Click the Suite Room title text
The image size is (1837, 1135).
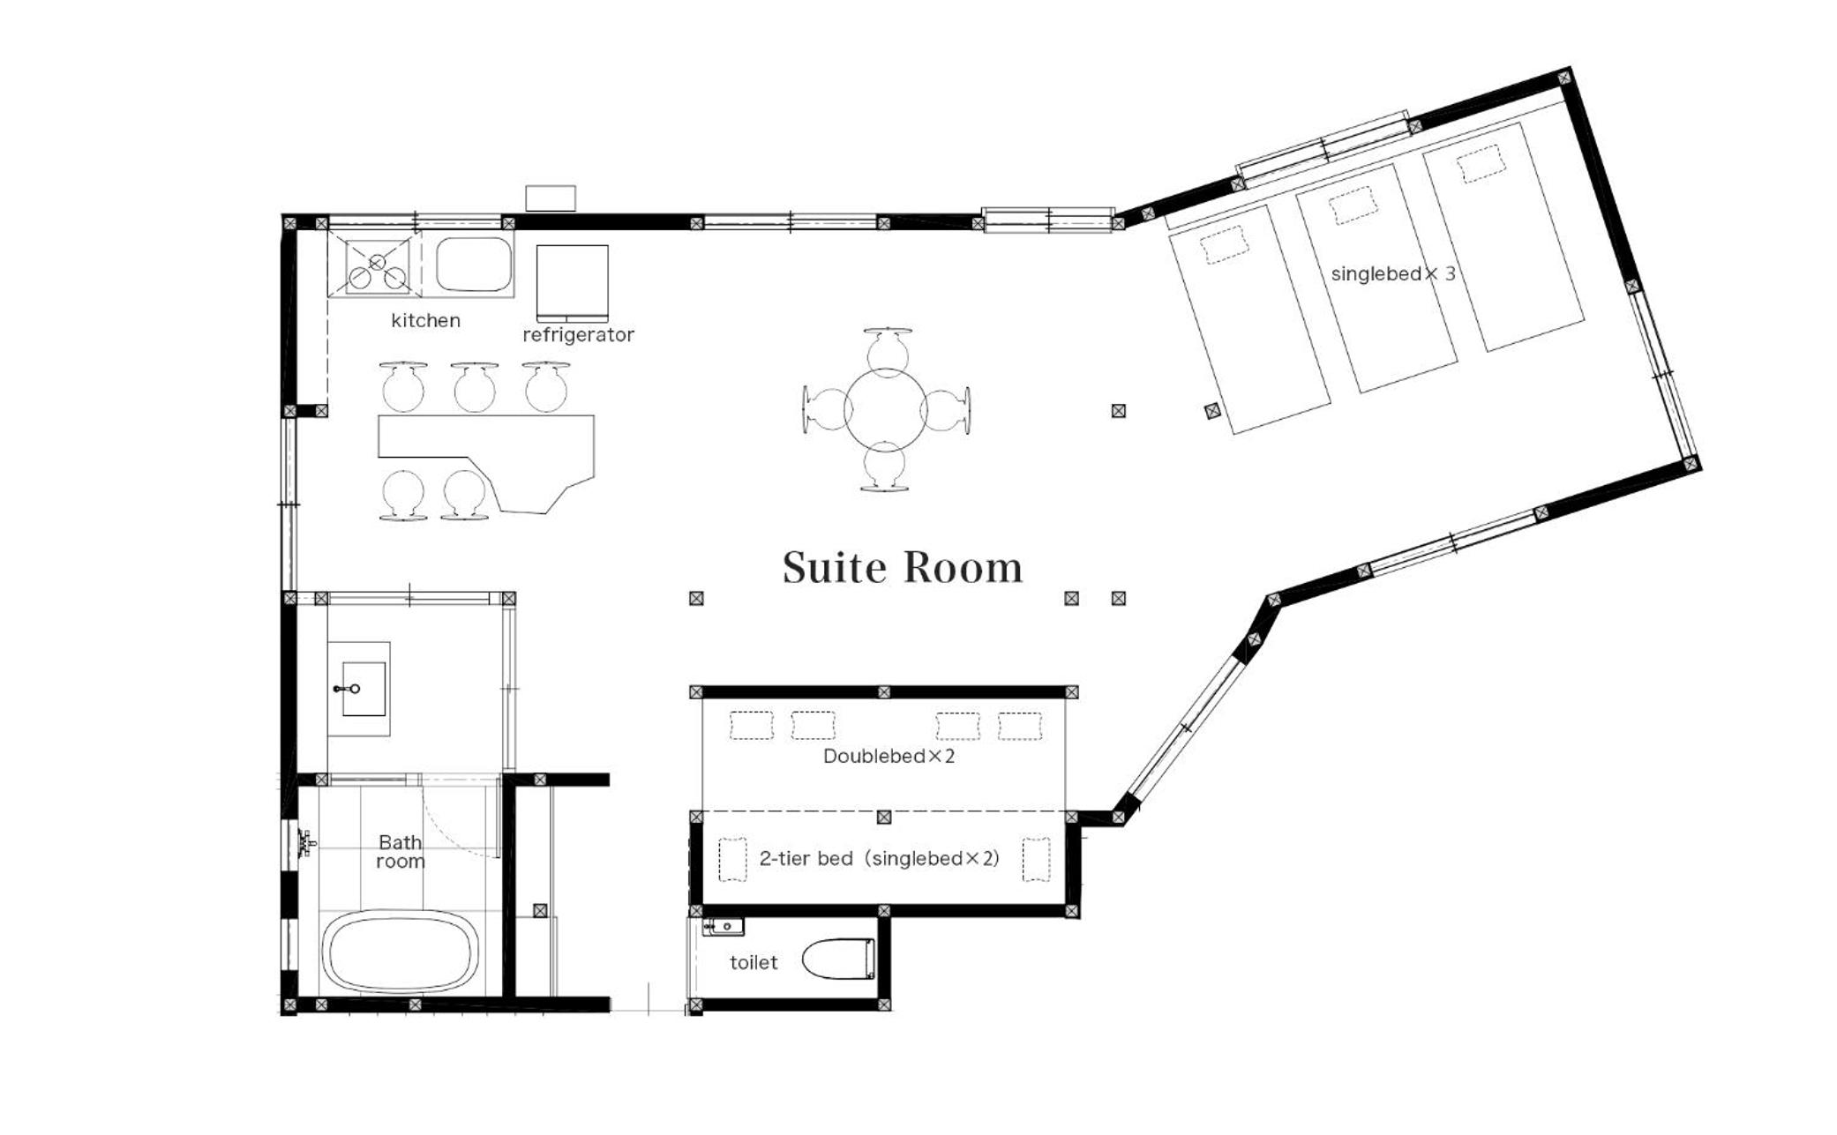click(903, 567)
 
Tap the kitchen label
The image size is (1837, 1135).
click(425, 320)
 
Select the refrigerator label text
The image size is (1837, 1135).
click(578, 335)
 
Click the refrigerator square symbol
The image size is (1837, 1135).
click(573, 282)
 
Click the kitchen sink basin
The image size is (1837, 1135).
click(474, 264)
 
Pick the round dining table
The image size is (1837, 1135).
click(886, 410)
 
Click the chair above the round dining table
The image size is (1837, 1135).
click(888, 347)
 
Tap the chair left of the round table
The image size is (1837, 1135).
click(824, 410)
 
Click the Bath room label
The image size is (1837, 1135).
click(401, 852)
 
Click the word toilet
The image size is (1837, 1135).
click(754, 962)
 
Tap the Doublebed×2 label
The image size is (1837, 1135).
click(889, 756)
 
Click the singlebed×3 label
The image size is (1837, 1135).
click(1393, 273)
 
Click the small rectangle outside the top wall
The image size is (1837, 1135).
click(551, 198)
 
